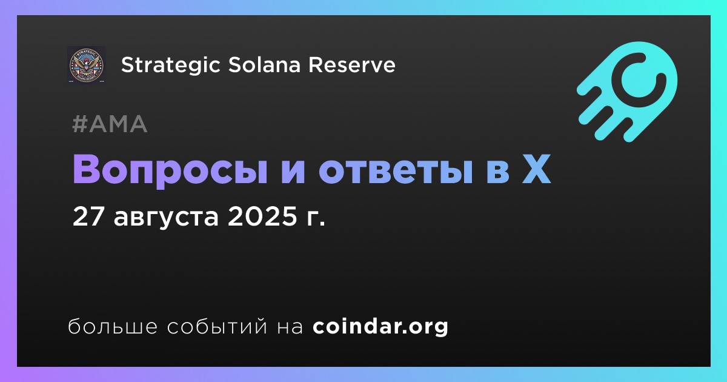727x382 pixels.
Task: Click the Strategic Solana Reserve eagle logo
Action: click(86, 65)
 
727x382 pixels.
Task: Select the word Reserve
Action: click(352, 65)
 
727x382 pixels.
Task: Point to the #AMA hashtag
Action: click(110, 124)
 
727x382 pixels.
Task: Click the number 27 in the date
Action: click(88, 216)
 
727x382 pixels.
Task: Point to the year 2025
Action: click(262, 216)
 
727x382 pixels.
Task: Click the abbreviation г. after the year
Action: click(316, 219)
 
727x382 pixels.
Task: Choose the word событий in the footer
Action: click(217, 326)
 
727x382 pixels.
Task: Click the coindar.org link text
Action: click(380, 327)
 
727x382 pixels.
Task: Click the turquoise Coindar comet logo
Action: click(627, 92)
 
